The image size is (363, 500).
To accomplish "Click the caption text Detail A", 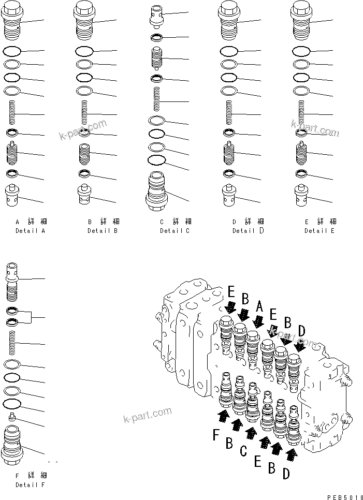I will (30, 230).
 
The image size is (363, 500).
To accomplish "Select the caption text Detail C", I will (175, 230).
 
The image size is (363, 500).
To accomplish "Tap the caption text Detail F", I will (30, 485).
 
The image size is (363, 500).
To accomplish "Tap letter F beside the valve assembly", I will (216, 436).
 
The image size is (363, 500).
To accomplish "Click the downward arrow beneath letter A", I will (257, 321).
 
